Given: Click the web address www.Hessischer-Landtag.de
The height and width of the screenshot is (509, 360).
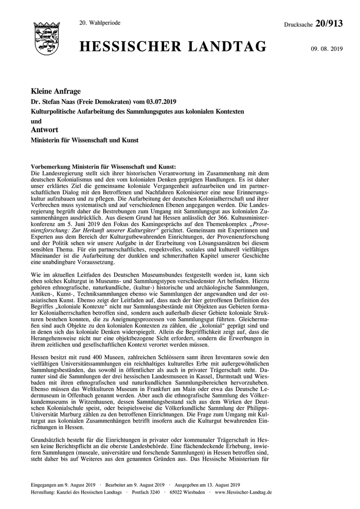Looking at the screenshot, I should click(244, 492).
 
